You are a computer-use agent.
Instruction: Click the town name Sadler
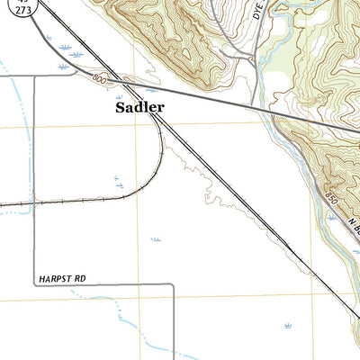click(140, 107)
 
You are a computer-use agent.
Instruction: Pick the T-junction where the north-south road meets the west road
click(36, 77)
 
